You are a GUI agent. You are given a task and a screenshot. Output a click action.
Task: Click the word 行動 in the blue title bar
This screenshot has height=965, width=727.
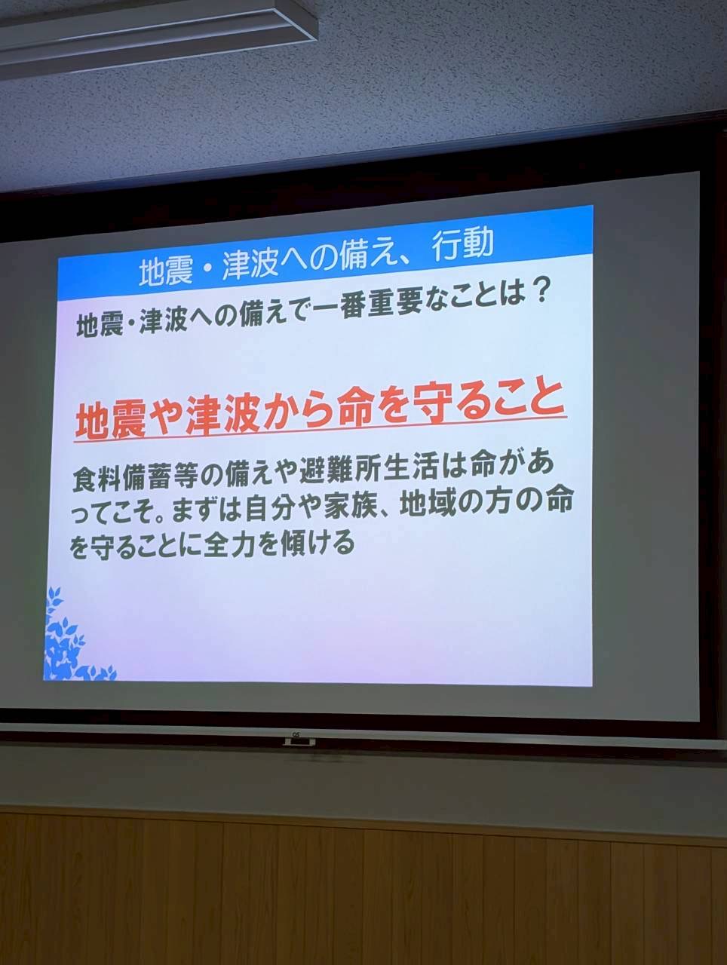462,244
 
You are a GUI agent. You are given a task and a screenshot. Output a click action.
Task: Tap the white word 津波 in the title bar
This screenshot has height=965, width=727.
250,265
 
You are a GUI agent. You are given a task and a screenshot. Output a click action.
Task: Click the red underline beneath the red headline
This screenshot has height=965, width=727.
320,427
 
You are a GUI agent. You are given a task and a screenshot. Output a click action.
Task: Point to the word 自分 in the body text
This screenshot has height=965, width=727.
268,510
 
